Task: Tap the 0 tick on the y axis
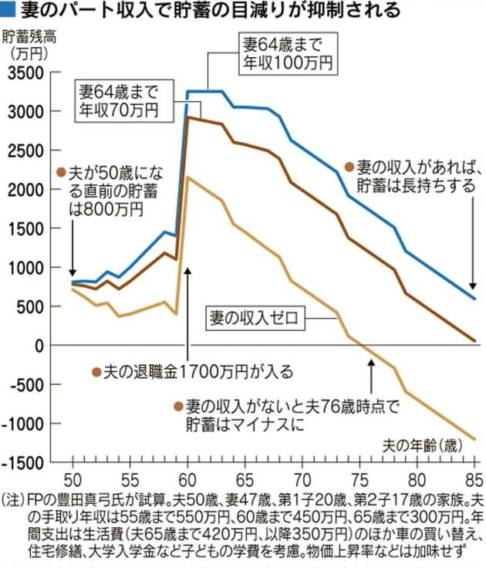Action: click(x=42, y=346)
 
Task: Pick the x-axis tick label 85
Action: click(x=474, y=477)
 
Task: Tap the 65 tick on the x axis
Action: click(x=245, y=477)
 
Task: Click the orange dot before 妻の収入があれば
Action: click(x=349, y=167)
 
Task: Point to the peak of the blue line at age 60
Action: click(x=189, y=91)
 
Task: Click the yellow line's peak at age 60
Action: click(x=189, y=177)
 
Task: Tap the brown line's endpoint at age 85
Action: click(x=474, y=340)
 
